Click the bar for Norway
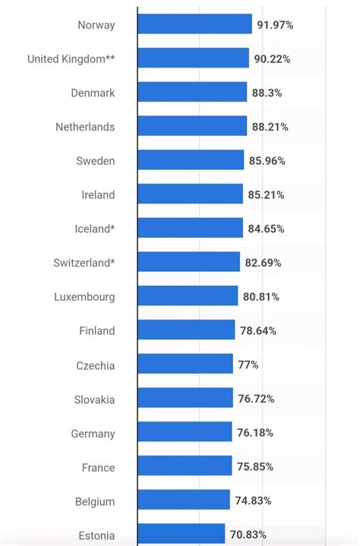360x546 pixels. (x=194, y=24)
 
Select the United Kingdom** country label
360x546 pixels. (x=71, y=58)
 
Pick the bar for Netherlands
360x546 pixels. (x=192, y=127)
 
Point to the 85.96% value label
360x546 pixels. (x=267, y=161)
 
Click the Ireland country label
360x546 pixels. (x=98, y=195)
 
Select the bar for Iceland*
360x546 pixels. (x=190, y=229)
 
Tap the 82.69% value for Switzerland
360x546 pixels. (x=263, y=263)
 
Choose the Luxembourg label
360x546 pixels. (x=84, y=297)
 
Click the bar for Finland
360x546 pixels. (x=186, y=330)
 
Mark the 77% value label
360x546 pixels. (x=248, y=365)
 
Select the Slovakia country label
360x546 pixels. (x=94, y=399)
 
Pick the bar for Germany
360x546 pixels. (x=185, y=433)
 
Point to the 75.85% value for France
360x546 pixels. (x=254, y=467)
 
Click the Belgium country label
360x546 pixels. (x=95, y=501)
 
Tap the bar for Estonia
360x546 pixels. (x=182, y=535)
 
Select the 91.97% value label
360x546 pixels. (x=275, y=25)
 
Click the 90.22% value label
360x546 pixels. (x=272, y=58)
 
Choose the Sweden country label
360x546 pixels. (x=96, y=161)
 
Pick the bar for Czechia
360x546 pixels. (x=185, y=365)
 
